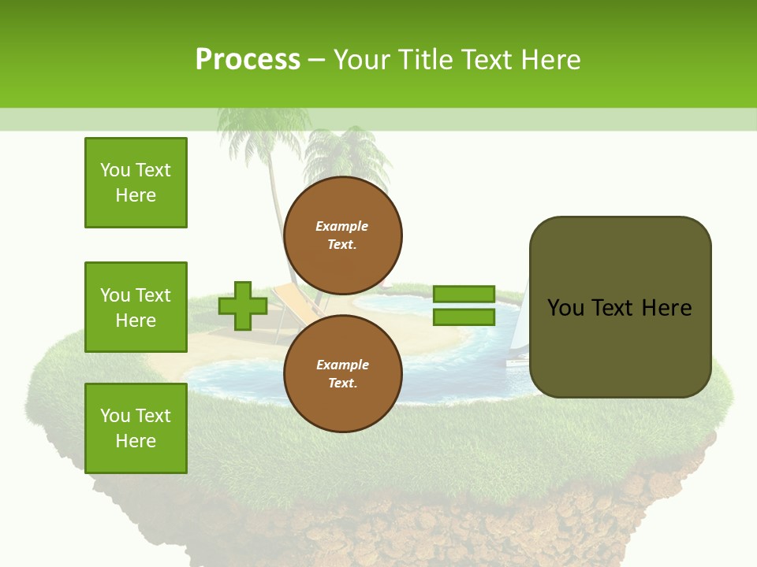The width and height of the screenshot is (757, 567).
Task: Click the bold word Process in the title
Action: click(x=248, y=59)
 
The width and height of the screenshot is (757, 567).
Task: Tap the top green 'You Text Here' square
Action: click(x=136, y=183)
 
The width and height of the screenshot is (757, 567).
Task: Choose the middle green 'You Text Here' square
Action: click(x=136, y=307)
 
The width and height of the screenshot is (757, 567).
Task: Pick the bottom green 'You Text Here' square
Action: click(x=136, y=428)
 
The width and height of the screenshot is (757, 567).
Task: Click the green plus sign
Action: click(x=243, y=306)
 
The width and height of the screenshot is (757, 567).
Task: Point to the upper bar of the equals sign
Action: click(x=464, y=295)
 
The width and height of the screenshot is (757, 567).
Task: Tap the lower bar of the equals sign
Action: click(x=464, y=317)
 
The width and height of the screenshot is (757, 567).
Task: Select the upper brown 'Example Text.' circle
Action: click(x=342, y=235)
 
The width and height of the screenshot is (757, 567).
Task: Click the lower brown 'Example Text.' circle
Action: click(x=342, y=373)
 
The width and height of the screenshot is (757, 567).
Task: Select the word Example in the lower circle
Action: click(x=342, y=365)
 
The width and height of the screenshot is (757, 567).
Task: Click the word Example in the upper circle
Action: click(x=342, y=226)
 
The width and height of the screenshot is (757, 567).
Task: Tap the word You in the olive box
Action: click(x=565, y=308)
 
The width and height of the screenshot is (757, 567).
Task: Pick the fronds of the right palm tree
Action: click(x=339, y=154)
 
